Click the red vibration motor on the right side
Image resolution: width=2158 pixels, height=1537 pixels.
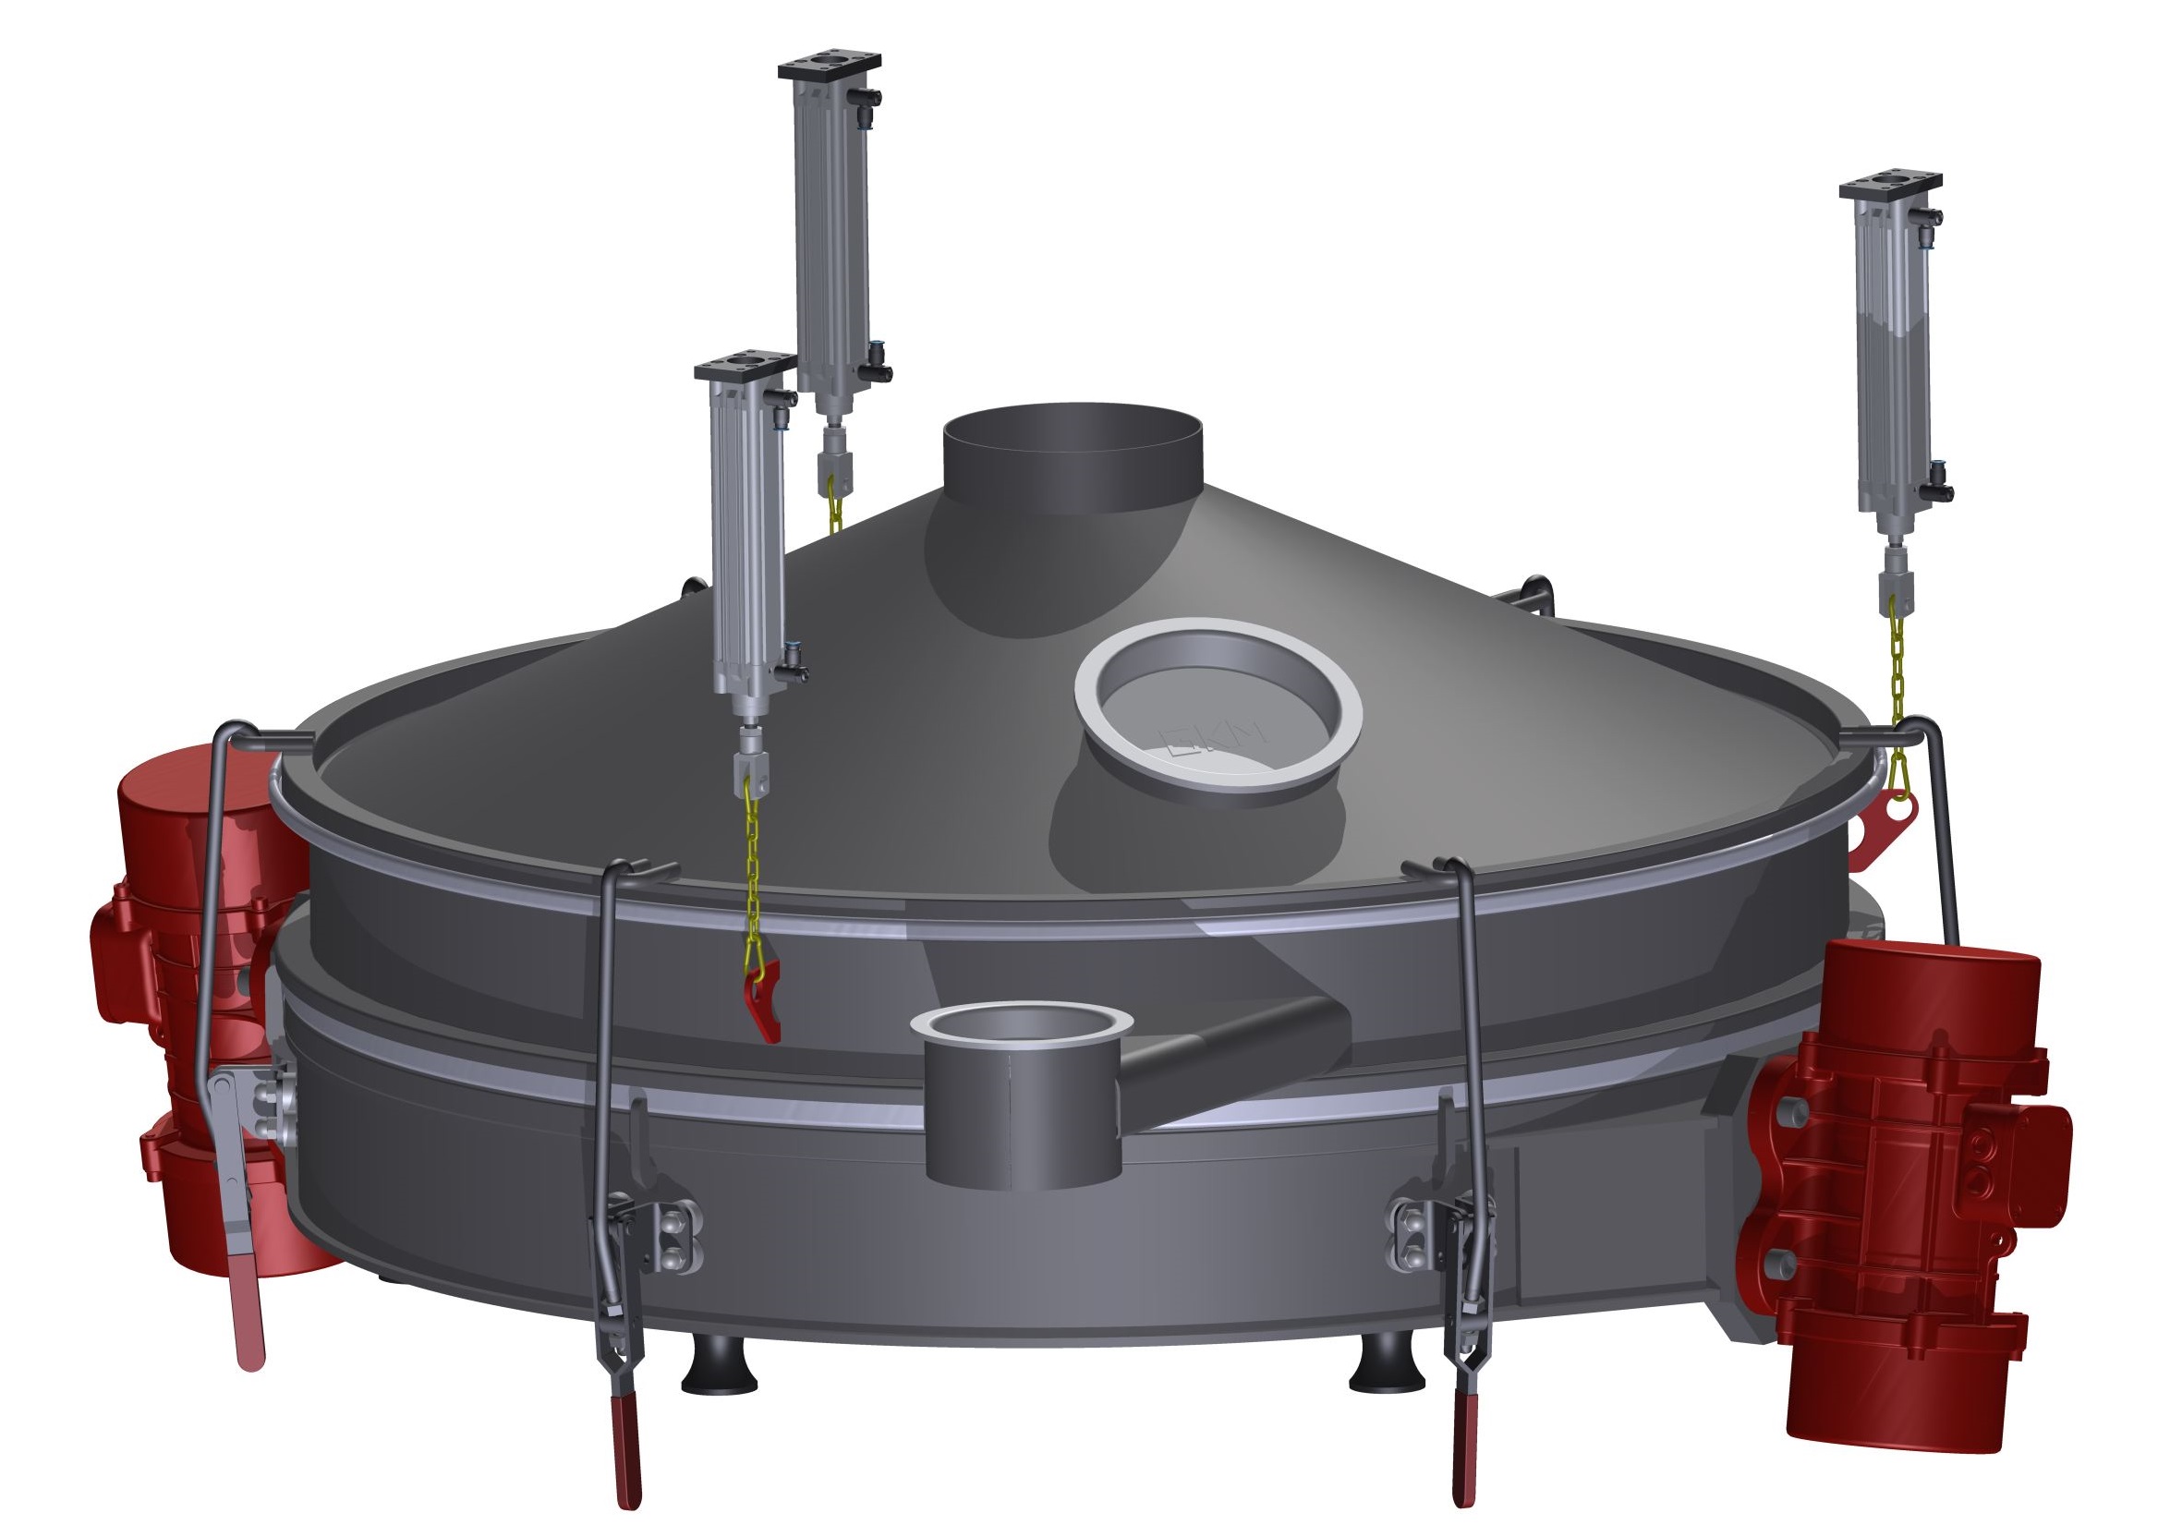1902,1183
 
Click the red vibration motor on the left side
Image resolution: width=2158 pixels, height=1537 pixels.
189,994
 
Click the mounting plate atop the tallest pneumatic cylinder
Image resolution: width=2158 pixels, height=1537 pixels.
830,66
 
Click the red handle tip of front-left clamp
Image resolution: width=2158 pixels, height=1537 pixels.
625,1458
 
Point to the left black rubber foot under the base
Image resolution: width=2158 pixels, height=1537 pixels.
719,1368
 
